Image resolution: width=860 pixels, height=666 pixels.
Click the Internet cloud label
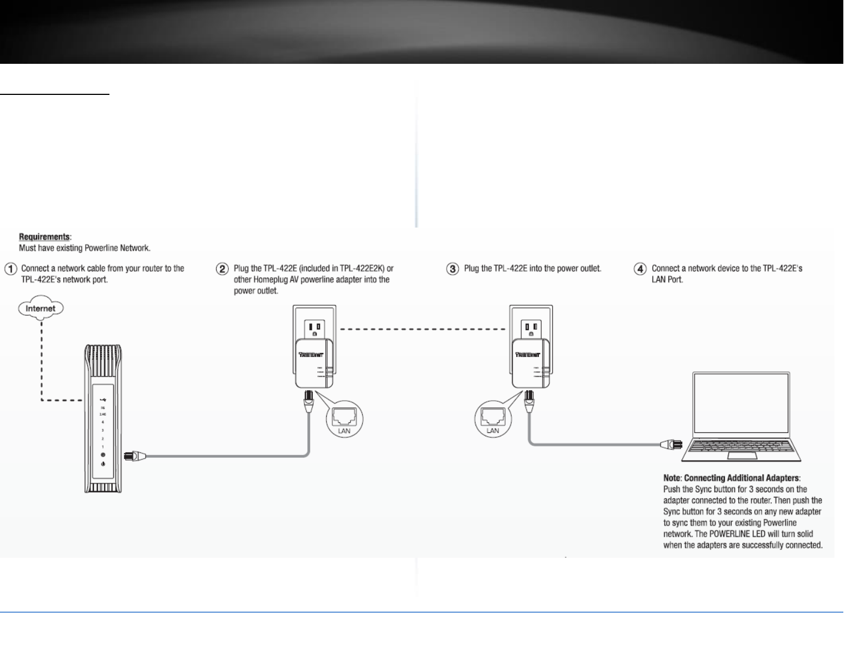pos(41,308)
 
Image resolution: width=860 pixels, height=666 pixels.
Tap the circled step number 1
pos(10,269)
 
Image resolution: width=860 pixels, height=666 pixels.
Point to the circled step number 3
pos(453,269)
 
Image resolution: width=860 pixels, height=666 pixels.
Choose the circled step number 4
pos(641,269)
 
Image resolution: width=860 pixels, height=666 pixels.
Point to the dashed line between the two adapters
pos(422,329)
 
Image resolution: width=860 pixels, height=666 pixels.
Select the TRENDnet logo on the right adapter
pos(528,354)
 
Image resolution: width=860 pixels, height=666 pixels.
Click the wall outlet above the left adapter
pos(314,327)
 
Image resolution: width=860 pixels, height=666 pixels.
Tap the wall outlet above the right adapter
pos(532,327)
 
